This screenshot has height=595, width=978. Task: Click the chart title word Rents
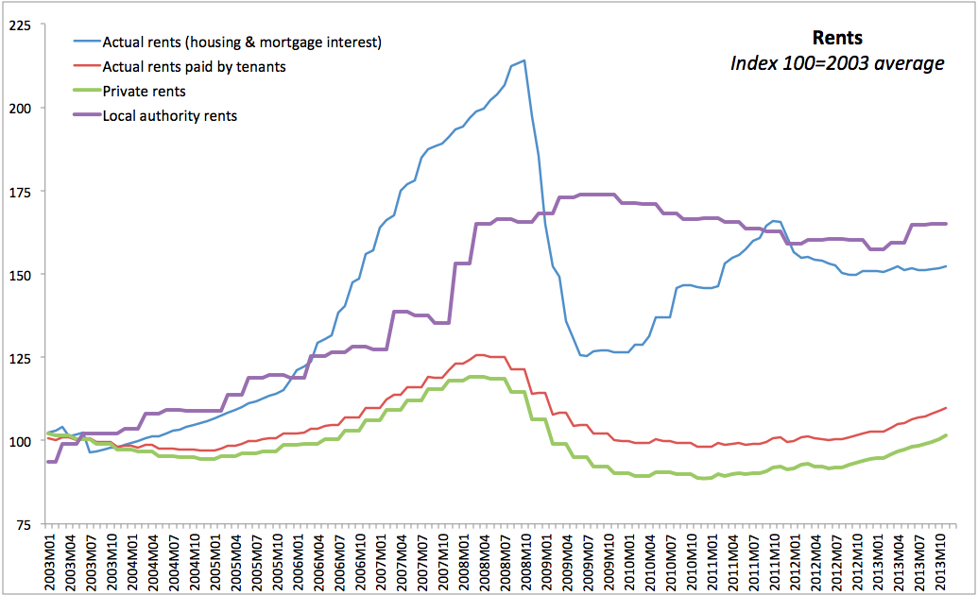(837, 39)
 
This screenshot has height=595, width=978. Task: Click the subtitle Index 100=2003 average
(837, 63)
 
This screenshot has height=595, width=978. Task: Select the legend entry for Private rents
(144, 92)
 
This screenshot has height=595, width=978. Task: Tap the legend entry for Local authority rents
(169, 116)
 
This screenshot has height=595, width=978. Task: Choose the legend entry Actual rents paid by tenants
(194, 67)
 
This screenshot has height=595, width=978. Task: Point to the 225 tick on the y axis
(21, 25)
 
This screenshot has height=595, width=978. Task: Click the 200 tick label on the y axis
(21, 108)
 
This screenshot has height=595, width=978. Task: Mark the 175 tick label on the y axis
(21, 191)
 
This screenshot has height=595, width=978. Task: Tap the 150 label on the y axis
(21, 274)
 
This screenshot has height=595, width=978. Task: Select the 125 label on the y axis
(21, 358)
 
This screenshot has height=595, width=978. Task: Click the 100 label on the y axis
(21, 441)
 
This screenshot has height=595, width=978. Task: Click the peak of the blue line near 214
(523, 60)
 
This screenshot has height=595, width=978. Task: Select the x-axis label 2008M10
(523, 562)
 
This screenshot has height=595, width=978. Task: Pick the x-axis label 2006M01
(298, 562)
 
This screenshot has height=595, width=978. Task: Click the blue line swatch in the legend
(86, 42)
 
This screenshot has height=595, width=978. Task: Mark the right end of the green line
(946, 435)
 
